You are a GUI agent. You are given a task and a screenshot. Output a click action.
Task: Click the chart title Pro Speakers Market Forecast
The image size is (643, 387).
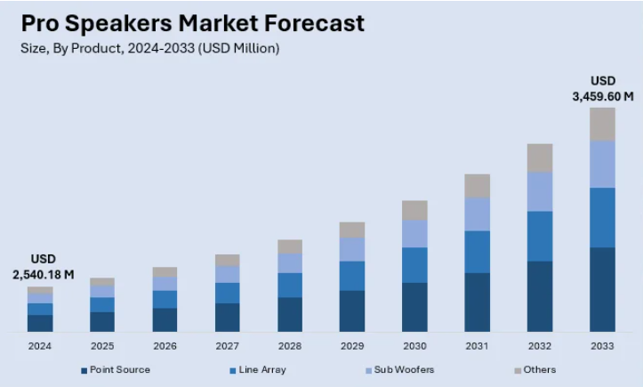(x=192, y=22)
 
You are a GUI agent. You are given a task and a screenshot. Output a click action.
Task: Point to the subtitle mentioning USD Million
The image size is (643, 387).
(x=149, y=48)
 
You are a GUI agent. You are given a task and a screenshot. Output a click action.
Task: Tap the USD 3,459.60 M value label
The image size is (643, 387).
(x=602, y=89)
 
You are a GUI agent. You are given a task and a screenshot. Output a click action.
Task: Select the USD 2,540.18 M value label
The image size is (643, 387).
(x=43, y=267)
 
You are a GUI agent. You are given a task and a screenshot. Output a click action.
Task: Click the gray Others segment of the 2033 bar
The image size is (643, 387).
(x=602, y=124)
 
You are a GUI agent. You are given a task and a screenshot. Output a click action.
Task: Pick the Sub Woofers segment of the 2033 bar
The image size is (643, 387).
(x=602, y=164)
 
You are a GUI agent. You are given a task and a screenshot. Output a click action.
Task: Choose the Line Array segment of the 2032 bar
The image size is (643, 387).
(x=540, y=236)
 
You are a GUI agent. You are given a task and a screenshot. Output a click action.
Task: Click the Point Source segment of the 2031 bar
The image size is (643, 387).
(x=478, y=302)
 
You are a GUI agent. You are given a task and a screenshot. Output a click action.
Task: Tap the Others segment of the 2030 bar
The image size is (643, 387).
(x=414, y=210)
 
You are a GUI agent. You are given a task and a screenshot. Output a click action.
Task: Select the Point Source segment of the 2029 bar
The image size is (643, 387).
(x=352, y=310)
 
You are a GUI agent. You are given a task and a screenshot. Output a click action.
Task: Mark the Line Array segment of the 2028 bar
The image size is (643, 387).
(x=290, y=285)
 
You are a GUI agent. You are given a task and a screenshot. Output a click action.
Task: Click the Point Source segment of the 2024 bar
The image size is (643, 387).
(x=40, y=322)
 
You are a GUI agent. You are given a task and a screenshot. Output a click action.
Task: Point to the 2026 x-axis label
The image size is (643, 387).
(x=165, y=345)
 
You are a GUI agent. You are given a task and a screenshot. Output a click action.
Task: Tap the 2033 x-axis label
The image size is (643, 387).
(x=602, y=345)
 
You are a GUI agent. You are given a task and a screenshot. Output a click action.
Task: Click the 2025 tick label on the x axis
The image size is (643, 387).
(x=102, y=345)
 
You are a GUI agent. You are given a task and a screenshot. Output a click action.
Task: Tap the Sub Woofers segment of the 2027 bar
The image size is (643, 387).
(x=228, y=274)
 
